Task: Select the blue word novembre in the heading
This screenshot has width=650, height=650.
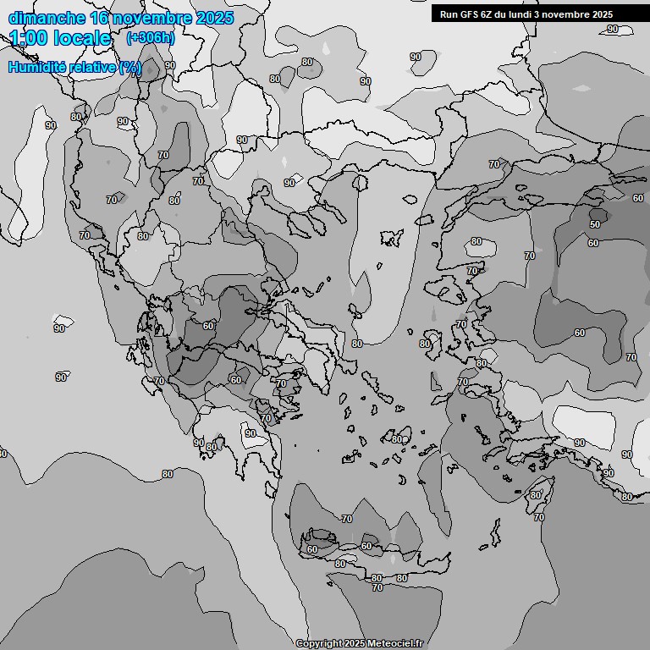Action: [x=153, y=19]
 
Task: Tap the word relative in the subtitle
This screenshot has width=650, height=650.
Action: [x=91, y=68]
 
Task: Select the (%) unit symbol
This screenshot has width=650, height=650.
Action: [x=130, y=68]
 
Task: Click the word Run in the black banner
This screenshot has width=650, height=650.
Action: [x=448, y=14]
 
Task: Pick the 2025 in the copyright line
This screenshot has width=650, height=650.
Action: [x=355, y=644]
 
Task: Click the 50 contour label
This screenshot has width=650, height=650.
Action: [x=595, y=224]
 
